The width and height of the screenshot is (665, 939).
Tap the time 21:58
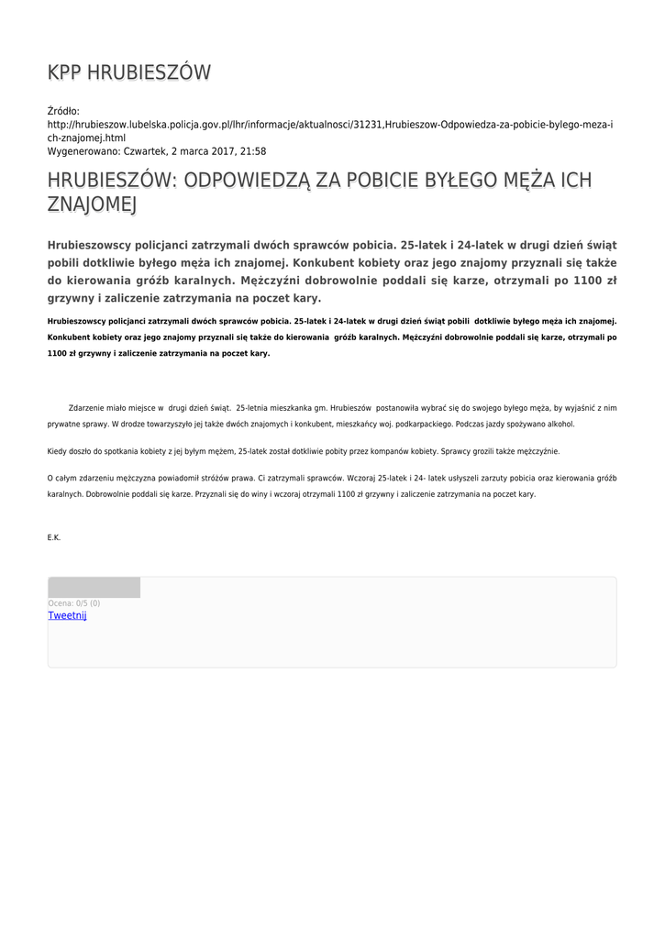pyautogui.click(x=253, y=151)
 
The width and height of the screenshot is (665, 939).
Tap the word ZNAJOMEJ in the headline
pyautogui.click(x=91, y=204)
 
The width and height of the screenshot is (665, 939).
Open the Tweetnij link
pyautogui.click(x=67, y=615)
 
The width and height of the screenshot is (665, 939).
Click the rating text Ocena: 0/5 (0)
pyautogui.click(x=74, y=603)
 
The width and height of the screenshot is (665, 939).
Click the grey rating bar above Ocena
pyautogui.click(x=94, y=588)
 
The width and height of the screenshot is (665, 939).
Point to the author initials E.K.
pyautogui.click(x=54, y=537)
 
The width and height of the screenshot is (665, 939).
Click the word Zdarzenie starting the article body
pyautogui.click(x=88, y=407)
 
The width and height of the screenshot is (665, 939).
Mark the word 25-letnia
pyautogui.click(x=255, y=407)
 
